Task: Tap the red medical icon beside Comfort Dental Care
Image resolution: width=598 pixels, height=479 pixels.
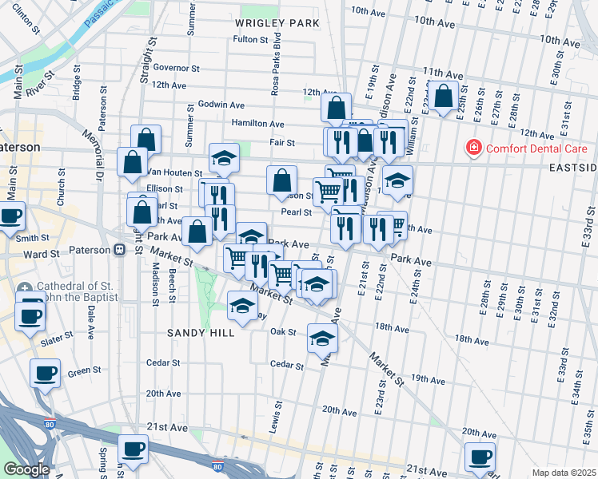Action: (474, 148)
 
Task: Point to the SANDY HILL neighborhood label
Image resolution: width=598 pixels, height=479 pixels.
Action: (201, 332)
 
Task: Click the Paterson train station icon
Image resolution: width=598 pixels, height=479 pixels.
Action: (119, 250)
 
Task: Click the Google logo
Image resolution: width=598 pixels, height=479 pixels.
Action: (26, 469)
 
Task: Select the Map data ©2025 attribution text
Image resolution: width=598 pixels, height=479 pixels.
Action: (563, 473)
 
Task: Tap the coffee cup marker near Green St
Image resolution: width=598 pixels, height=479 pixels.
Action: (45, 373)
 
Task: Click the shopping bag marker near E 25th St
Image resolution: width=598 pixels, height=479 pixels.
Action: (443, 97)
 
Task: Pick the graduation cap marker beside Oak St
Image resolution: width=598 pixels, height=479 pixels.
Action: (323, 338)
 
